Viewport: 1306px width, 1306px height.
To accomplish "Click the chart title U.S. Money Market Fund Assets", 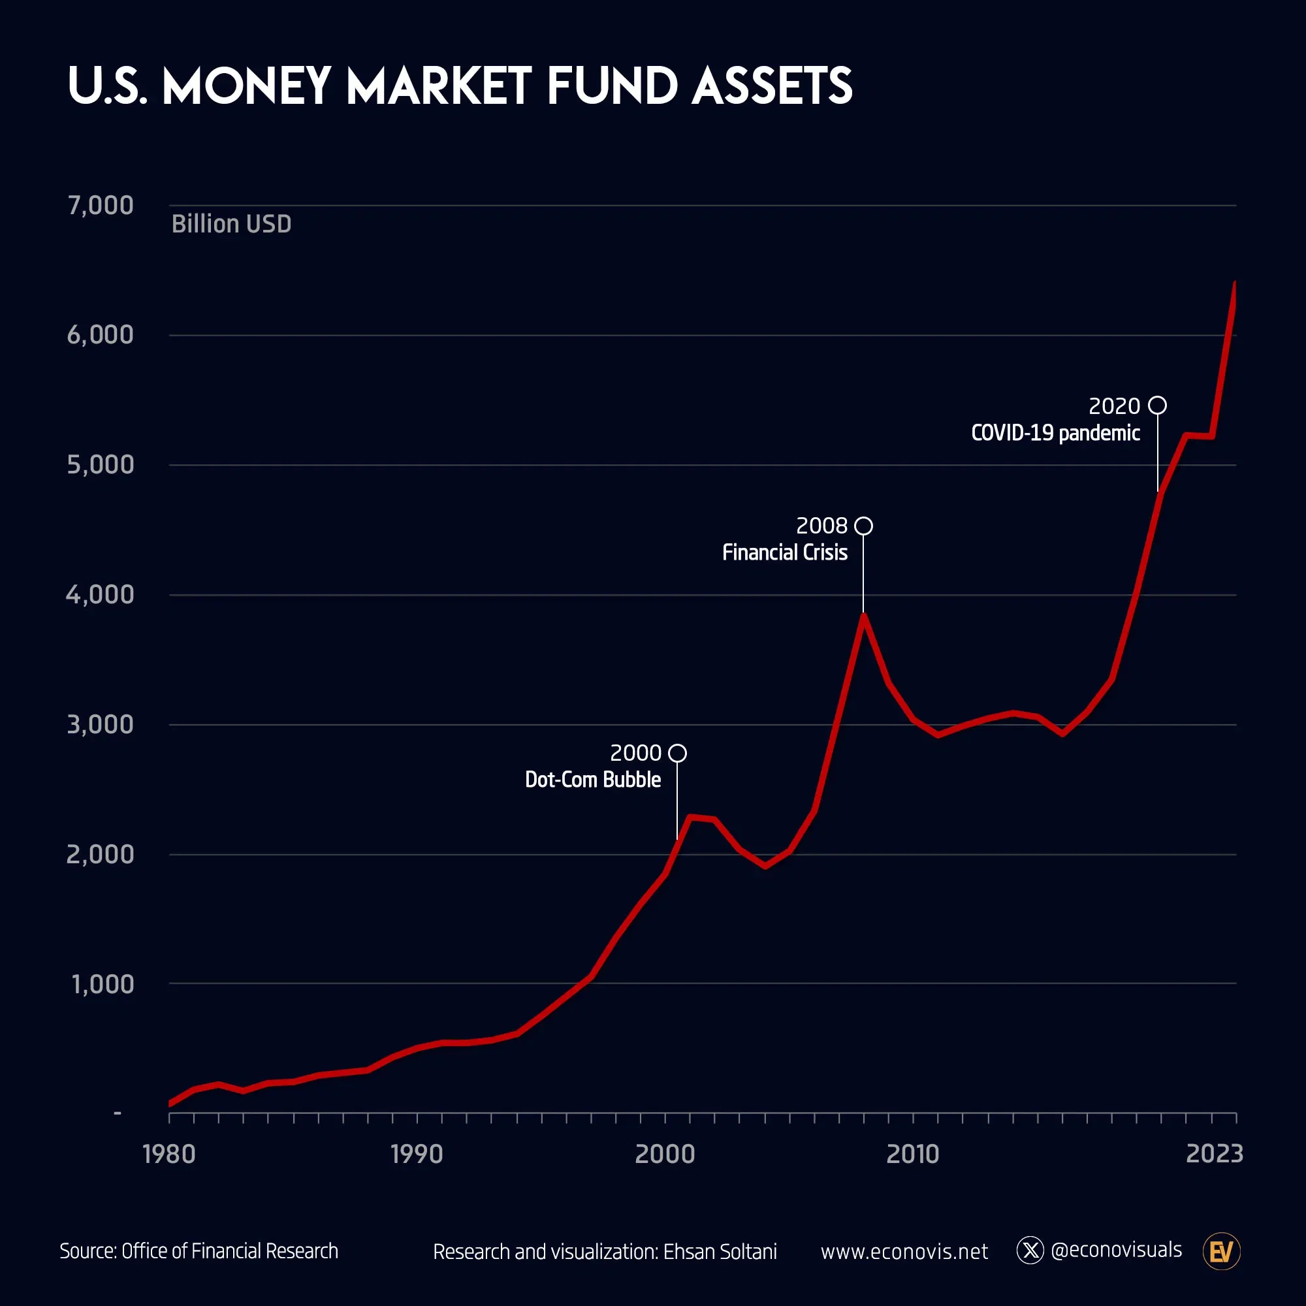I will click(460, 87).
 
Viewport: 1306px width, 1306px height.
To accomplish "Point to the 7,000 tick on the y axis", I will click(100, 206).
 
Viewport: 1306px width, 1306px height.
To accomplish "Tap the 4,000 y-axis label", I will click(100, 595).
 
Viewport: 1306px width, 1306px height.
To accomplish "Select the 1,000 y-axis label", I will click(103, 984).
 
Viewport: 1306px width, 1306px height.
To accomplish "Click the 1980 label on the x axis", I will click(169, 1154).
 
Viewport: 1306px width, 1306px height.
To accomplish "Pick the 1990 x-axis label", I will click(417, 1154).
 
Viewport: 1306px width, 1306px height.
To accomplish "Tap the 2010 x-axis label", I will click(913, 1154).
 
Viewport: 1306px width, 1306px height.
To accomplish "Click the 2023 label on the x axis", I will click(1214, 1154).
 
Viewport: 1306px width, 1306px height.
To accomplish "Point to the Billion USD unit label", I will click(231, 225).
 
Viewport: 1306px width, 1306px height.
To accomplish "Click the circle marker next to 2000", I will click(677, 753).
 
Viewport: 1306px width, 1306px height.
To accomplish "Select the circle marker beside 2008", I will click(863, 526).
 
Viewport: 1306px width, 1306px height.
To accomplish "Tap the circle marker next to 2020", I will click(1157, 406).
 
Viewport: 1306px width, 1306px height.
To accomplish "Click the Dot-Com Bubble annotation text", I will click(593, 780).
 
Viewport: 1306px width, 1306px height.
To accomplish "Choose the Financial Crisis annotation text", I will click(784, 553).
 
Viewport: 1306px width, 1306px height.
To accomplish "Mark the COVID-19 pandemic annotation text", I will click(1055, 434).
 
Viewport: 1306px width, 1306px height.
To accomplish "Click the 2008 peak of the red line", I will click(863, 615).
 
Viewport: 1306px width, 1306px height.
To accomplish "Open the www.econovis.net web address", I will click(904, 1252).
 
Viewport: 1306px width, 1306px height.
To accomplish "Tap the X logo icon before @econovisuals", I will click(1030, 1250).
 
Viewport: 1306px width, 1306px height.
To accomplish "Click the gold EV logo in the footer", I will click(1222, 1252).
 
